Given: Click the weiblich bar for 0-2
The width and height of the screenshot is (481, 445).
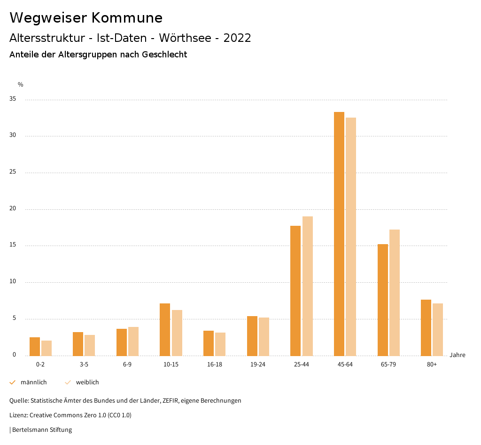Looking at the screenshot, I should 47,348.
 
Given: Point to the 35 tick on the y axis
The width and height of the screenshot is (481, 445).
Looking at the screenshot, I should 13,99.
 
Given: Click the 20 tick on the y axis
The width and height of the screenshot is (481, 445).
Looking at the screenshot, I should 13,209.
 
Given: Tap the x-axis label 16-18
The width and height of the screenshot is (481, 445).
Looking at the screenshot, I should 215,365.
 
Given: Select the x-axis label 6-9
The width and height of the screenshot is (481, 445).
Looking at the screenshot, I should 127,365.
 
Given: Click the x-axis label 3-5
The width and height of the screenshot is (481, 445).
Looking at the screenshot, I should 84,365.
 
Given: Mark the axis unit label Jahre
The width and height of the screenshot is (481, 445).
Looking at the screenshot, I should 458,355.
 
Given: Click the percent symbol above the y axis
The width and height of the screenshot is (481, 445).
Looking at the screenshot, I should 21,85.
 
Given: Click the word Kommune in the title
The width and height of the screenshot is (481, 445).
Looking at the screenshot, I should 127,18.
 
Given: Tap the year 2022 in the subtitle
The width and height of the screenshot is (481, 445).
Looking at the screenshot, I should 237,38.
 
